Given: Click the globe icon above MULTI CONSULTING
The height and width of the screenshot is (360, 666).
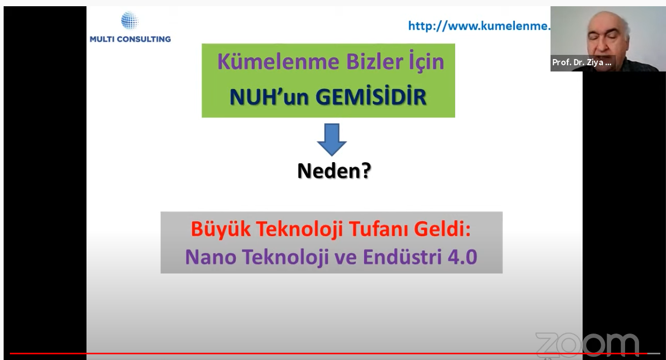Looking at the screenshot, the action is (x=129, y=21).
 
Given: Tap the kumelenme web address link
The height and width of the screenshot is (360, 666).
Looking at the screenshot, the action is (x=479, y=26).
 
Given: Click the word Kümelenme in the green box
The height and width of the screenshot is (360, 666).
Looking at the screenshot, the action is (x=278, y=62).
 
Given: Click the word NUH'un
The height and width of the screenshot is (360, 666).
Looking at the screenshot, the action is (x=269, y=97).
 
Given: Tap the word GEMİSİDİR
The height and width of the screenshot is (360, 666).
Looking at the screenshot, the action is (x=371, y=96).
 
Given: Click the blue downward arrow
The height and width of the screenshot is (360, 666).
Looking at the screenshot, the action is (x=332, y=140).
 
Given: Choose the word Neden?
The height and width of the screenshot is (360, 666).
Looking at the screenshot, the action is (x=334, y=171).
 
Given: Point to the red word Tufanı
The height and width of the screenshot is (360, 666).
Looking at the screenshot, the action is (x=378, y=229).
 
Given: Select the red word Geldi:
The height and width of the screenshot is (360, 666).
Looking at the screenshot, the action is (x=442, y=229).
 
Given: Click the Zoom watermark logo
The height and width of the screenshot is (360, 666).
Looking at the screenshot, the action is (x=587, y=344).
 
